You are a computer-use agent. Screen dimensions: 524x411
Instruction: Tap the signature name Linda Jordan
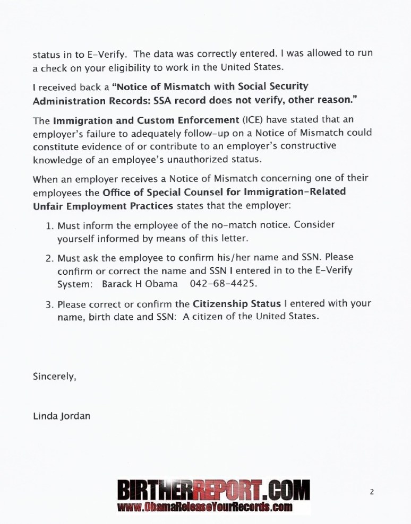(62, 416)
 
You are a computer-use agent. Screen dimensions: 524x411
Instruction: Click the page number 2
(372, 492)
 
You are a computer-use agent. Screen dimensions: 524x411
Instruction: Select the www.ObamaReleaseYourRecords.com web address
(205, 508)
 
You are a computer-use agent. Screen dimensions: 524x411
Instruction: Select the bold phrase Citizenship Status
(228, 304)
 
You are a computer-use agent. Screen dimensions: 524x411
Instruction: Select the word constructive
(307, 146)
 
